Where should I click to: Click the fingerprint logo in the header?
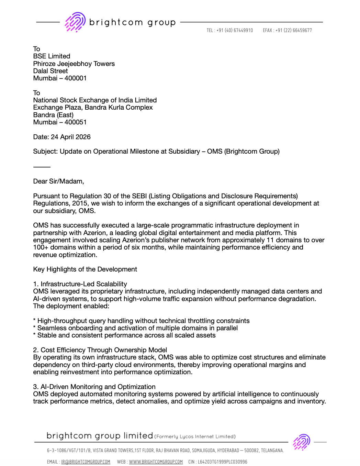coord(75,22)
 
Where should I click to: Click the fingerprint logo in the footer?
coord(301,442)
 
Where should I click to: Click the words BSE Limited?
coord(52,56)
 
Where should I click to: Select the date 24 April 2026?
coord(70,137)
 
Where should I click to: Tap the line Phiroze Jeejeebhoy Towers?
coord(74,64)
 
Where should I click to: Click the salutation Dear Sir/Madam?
coord(58,181)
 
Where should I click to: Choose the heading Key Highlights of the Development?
coord(85,269)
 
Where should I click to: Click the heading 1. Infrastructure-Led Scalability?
coord(80,284)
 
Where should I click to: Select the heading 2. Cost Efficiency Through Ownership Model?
coord(100,350)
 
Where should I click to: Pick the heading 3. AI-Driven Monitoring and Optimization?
coord(94,387)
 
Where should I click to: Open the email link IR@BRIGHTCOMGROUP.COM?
coord(86,462)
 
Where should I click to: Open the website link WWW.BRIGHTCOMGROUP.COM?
coord(156,462)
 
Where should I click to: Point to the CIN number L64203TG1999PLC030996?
coord(222,462)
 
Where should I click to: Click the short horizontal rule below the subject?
coord(42,167)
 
